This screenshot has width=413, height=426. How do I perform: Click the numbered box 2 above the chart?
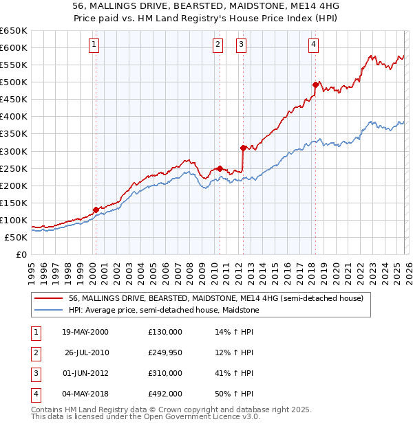(218, 45)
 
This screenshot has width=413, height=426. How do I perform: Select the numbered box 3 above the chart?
(242, 45)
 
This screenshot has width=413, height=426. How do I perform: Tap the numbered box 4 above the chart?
(313, 45)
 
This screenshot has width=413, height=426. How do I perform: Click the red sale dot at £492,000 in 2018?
(315, 85)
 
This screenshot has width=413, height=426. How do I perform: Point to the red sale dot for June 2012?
(243, 148)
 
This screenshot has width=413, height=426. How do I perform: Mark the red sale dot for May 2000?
(96, 210)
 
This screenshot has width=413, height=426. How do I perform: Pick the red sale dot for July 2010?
(220, 168)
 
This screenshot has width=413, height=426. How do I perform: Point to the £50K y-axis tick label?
(16, 238)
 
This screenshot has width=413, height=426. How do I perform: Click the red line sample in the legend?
(49, 299)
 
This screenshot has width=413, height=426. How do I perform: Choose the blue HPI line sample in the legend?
(49, 311)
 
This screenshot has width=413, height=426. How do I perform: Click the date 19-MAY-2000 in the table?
(85, 332)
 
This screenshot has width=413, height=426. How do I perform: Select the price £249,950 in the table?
(165, 352)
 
